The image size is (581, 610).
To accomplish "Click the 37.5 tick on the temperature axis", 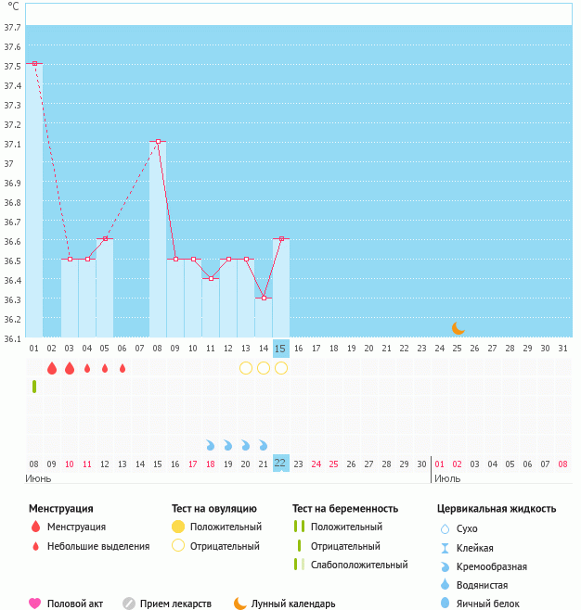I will click(x=12, y=67).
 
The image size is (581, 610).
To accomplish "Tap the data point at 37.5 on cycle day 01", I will click(x=34, y=63).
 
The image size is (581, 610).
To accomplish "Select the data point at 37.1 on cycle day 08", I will click(x=158, y=141).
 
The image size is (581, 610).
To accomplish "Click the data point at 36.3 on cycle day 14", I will click(x=264, y=298).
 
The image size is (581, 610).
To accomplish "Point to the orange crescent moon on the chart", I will click(x=458, y=327).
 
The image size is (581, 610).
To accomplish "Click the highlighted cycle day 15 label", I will click(x=281, y=349).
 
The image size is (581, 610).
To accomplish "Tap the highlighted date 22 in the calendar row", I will click(x=281, y=463).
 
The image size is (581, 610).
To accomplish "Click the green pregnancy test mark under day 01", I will click(x=34, y=386).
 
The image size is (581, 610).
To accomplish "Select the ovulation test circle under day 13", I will click(x=246, y=368).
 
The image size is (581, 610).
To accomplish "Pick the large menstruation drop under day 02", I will click(x=52, y=368).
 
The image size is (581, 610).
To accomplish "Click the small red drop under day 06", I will click(x=123, y=368).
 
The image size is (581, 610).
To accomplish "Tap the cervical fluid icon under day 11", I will click(x=211, y=445).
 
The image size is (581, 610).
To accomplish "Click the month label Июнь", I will click(x=38, y=478).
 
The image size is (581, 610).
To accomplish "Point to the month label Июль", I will click(x=447, y=478).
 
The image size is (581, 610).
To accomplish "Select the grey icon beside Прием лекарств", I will click(x=128, y=604).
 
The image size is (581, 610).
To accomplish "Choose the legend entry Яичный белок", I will click(x=487, y=604).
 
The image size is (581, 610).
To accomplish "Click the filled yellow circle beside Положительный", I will click(x=178, y=527).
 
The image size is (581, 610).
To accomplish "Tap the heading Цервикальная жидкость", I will click(x=497, y=508).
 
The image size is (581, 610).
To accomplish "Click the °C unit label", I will click(x=13, y=6).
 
